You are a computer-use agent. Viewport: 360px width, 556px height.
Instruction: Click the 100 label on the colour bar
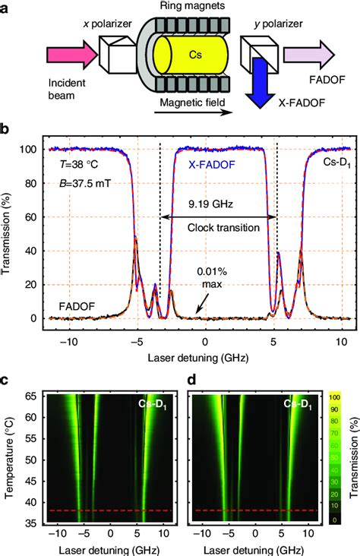(334, 397)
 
